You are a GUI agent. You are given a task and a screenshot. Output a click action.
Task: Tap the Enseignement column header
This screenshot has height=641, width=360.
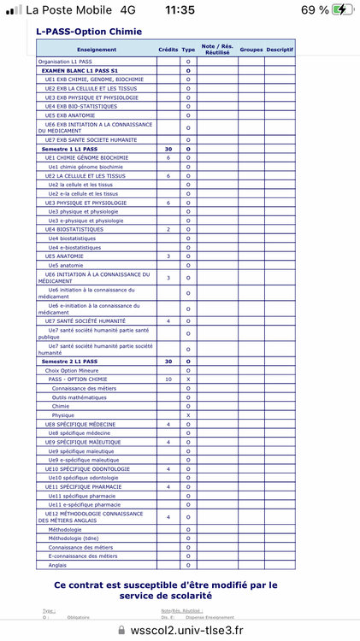coord(96,50)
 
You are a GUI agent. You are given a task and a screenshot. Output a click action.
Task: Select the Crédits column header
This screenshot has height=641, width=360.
coord(168,50)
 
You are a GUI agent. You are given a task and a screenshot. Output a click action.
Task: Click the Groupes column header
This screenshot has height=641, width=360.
coord(251,50)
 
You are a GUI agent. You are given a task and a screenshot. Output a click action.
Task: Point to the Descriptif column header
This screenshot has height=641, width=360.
coord(279,50)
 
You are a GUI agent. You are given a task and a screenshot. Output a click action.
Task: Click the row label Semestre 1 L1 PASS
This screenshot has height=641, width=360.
coord(69,149)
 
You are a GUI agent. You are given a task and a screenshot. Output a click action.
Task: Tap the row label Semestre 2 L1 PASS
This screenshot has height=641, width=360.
coord(69,362)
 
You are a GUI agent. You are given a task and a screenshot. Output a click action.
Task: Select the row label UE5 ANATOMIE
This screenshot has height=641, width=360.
coord(64,256)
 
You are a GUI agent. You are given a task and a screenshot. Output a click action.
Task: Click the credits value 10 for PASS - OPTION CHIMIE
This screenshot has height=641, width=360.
coord(168,379)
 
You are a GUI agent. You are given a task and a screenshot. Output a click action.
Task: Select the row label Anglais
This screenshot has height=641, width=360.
coord(57,565)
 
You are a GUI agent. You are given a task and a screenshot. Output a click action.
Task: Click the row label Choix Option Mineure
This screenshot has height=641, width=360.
coord(71,370)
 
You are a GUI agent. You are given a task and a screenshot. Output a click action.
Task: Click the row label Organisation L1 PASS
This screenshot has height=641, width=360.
coord(68,62)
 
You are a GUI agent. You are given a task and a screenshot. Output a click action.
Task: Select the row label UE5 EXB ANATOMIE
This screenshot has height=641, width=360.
coord(70,115)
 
